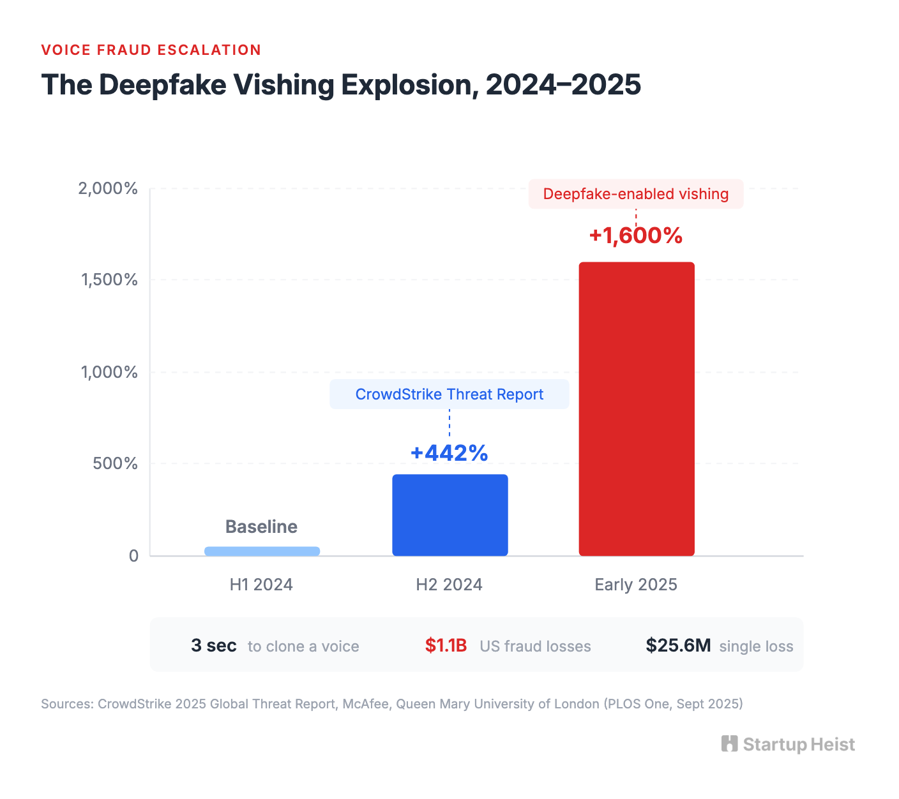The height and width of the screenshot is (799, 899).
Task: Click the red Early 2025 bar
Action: coord(636,408)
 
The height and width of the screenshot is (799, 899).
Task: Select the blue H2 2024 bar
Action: coord(450,514)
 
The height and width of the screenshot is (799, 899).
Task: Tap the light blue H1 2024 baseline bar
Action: coord(262,551)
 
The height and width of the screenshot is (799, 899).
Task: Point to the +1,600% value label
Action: coord(636,235)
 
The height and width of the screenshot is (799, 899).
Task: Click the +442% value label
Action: coord(450,452)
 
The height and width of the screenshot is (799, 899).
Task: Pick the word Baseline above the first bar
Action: coord(261,526)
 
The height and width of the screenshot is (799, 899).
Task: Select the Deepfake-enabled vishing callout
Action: coord(636,194)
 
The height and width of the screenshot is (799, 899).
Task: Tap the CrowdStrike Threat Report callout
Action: coord(450,394)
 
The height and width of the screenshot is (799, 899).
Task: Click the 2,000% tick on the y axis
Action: coord(108,188)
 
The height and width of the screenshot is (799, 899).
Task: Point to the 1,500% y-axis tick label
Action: coord(109,280)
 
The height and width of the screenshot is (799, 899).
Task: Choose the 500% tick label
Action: coord(115,463)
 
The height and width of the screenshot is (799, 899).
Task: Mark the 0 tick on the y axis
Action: coord(133,556)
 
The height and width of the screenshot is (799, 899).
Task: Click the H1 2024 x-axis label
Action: coord(261,585)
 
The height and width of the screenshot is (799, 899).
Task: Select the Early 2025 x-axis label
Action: coord(636,585)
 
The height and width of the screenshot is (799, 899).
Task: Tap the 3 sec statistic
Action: coord(214,646)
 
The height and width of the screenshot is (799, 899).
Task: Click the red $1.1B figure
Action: coord(446,646)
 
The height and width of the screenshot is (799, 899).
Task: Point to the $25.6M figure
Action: coord(678,646)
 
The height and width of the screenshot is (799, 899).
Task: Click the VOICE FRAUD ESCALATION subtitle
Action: coord(151,50)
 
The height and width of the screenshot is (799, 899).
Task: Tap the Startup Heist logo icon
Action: coord(729,744)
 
